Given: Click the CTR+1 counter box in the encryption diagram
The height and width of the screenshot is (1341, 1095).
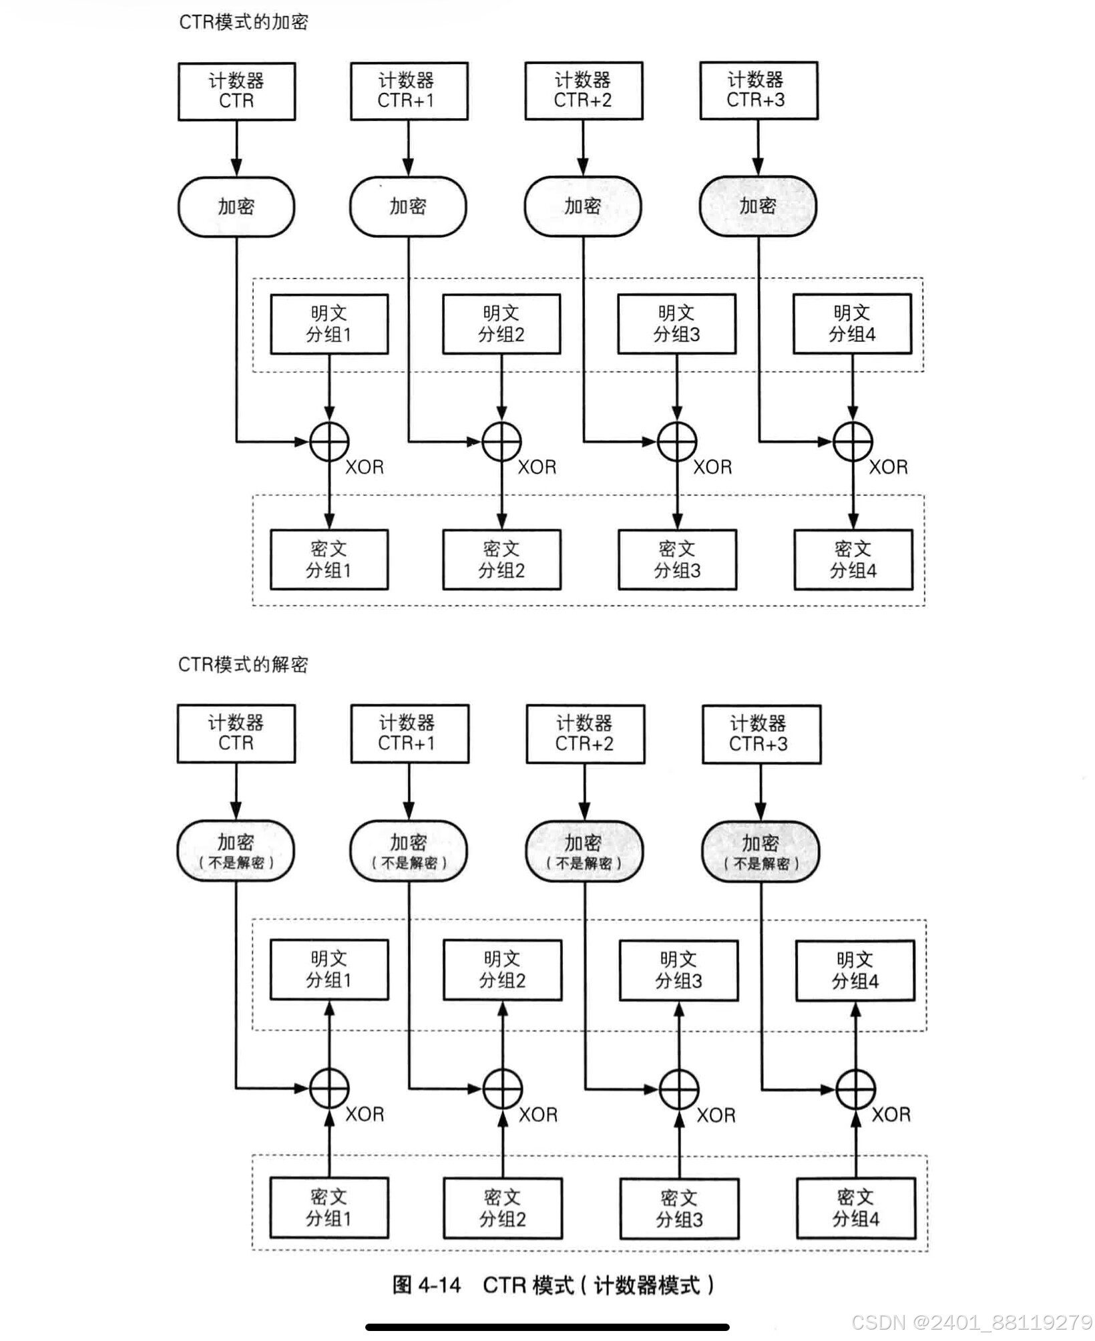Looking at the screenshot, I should pyautogui.click(x=409, y=91).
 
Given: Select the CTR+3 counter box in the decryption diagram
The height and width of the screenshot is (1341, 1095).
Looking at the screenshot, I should pyautogui.click(x=761, y=734).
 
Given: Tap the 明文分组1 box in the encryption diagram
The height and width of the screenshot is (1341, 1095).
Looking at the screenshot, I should pyautogui.click(x=329, y=324).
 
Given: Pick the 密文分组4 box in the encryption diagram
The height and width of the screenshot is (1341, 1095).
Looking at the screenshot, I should pyautogui.click(x=853, y=560).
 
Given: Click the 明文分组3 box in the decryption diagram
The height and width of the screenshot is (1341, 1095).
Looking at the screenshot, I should pyautogui.click(x=678, y=970).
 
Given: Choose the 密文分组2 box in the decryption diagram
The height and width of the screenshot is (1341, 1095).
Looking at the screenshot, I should pyautogui.click(x=503, y=1208).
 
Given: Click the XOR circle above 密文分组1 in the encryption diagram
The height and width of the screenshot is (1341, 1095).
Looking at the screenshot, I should pyautogui.click(x=329, y=441).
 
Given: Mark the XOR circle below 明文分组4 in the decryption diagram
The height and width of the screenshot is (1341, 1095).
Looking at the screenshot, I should pyautogui.click(x=855, y=1089).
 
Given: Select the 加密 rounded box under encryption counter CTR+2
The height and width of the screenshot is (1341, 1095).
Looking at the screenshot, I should pyautogui.click(x=583, y=206).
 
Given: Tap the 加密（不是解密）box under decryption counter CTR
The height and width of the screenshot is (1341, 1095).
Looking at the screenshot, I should pyautogui.click(x=236, y=850).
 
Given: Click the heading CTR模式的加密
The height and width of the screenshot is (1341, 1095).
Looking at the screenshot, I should pyautogui.click(x=244, y=23).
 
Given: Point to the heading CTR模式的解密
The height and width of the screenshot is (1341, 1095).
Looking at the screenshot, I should pyautogui.click(x=243, y=664).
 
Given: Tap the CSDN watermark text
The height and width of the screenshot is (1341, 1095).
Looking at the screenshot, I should pyautogui.click(x=971, y=1322).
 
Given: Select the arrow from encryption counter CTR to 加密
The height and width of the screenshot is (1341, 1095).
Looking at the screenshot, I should pyautogui.click(x=236, y=148).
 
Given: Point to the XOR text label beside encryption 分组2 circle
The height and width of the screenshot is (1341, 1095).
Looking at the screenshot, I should pyautogui.click(x=537, y=467).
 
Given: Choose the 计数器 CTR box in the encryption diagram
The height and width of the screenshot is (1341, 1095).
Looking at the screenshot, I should pyautogui.click(x=236, y=91).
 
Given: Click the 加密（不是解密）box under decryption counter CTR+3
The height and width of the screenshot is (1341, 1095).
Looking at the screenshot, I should pyautogui.click(x=760, y=851).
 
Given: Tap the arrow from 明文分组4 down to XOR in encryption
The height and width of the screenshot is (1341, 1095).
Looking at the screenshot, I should pyautogui.click(x=853, y=387).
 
